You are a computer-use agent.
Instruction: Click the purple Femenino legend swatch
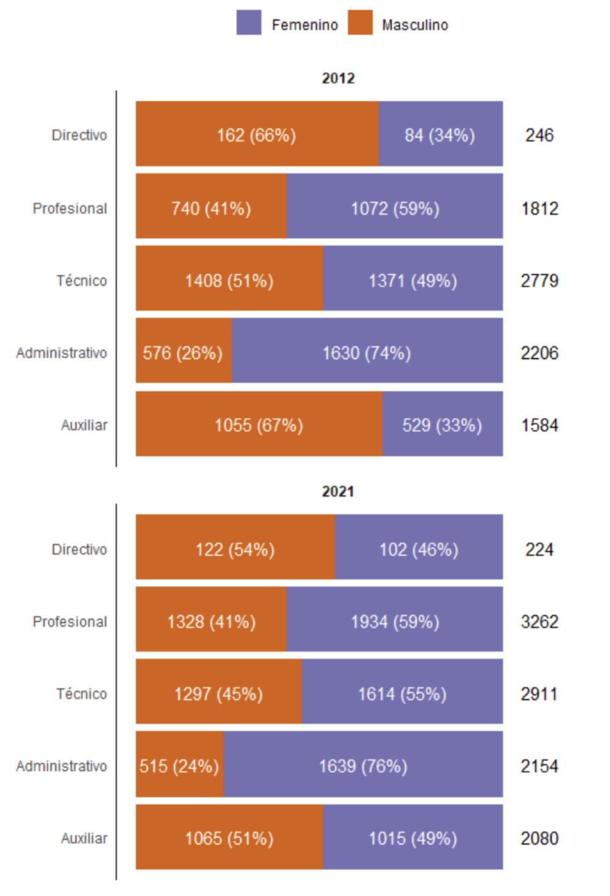click(x=249, y=23)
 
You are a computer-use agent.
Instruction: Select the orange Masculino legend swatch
click(x=360, y=23)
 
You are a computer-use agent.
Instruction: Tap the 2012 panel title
click(x=338, y=78)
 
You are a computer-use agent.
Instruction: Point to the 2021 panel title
click(x=338, y=491)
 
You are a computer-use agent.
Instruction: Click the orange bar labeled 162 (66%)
click(x=257, y=134)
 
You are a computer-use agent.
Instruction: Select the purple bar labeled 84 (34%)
click(x=440, y=134)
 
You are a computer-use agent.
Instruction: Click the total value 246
click(x=539, y=135)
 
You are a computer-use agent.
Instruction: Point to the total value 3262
click(x=539, y=622)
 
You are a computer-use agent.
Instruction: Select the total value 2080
click(x=539, y=839)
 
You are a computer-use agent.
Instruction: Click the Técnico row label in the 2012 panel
click(x=82, y=281)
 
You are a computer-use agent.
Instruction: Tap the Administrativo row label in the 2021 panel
click(x=62, y=766)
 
